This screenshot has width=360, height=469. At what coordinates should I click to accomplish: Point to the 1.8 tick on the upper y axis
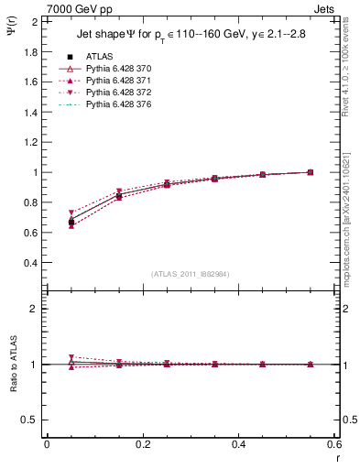click(x=30, y=51)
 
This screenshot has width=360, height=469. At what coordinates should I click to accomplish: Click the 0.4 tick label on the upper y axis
click(x=30, y=263)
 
